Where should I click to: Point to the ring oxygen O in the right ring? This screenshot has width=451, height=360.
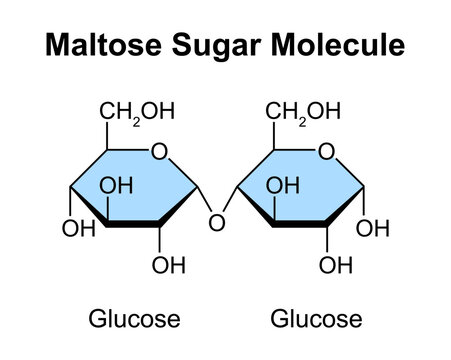point(326,151)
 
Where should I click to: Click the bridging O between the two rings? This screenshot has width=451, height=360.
point(214,223)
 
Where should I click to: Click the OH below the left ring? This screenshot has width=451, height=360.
point(167,265)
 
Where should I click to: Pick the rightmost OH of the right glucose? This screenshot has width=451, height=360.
point(373,229)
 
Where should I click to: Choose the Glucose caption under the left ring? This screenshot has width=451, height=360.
point(135,320)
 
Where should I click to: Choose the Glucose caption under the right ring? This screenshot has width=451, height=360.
point(316,320)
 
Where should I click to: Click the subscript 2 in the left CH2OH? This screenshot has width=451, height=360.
point(132,119)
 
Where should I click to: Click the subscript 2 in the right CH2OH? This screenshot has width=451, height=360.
point(298,119)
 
